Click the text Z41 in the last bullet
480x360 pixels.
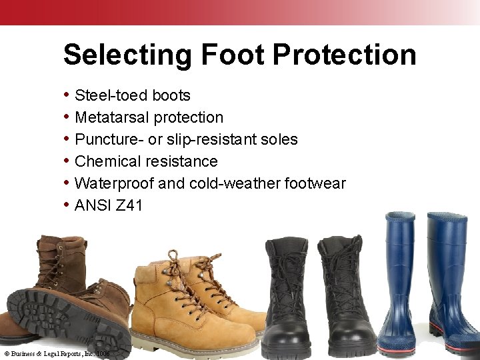129,205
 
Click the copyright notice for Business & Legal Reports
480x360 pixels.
57,353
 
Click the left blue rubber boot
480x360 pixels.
401,287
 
